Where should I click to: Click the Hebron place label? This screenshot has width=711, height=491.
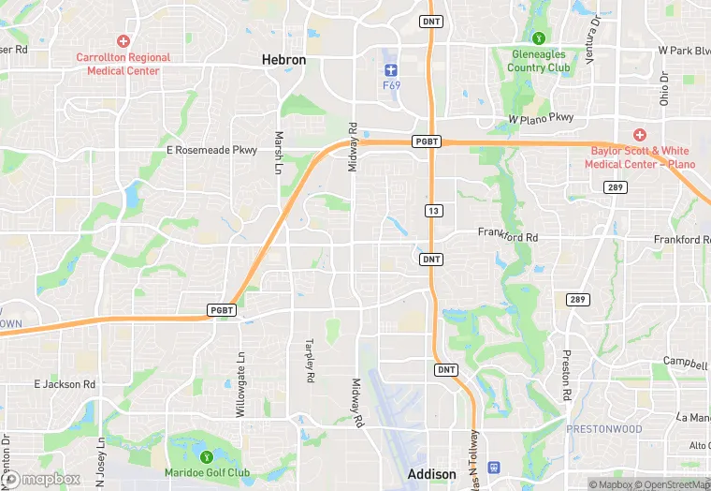[283, 60]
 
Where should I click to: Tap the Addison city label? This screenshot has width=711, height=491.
[432, 474]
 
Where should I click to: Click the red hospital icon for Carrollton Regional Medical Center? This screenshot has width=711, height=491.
[123, 41]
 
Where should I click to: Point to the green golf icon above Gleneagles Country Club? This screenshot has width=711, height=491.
[539, 38]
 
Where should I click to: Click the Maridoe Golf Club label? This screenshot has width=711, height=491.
[207, 472]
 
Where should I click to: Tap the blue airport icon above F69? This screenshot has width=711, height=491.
[391, 69]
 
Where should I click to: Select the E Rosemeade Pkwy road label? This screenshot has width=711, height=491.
[210, 150]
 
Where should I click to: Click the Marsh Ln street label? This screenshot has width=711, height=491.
[278, 152]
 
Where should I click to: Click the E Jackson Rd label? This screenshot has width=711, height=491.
[65, 384]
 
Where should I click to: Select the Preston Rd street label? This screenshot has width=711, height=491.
[567, 375]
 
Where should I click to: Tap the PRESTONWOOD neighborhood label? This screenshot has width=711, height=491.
[603, 429]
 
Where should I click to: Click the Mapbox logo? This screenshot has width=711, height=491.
[41, 480]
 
